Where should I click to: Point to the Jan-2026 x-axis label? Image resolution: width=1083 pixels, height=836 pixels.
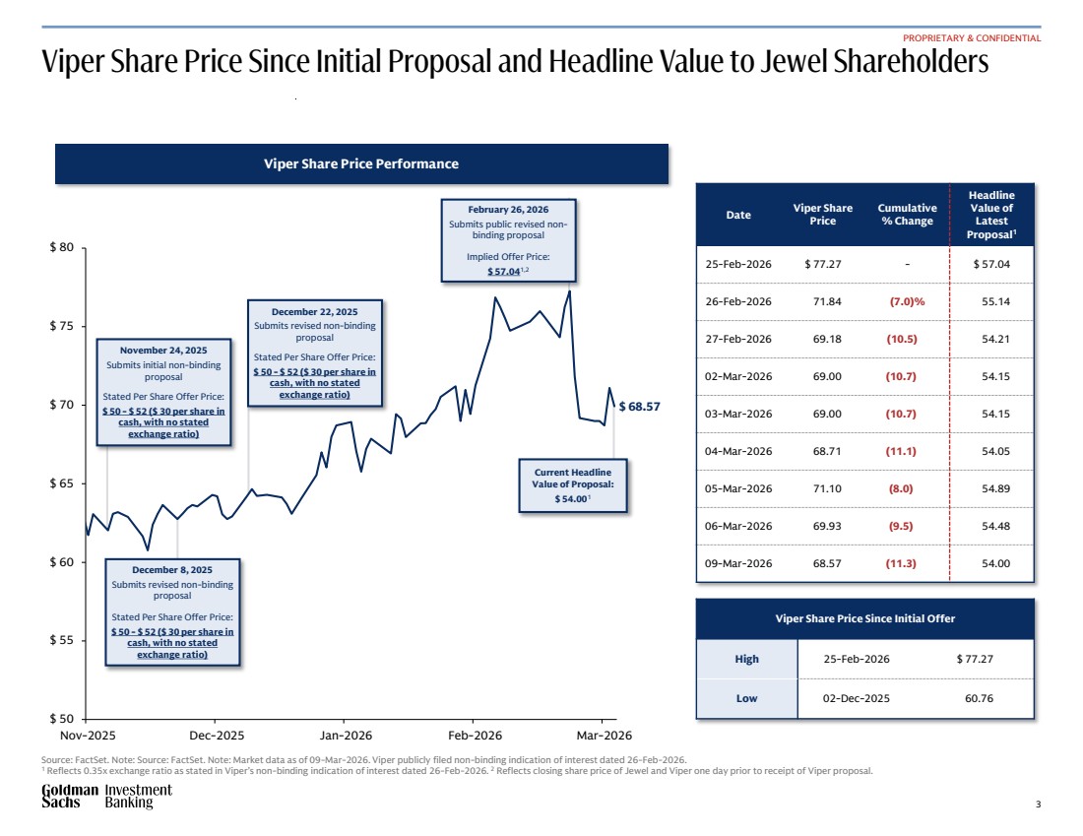pos(346,736)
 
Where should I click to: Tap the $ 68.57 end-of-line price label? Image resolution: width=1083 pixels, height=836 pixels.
pos(640,406)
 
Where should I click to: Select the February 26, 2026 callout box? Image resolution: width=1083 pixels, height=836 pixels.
pos(508,240)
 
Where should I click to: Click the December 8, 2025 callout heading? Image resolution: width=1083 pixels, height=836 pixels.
pos(173,569)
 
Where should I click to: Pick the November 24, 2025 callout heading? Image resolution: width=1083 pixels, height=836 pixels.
pos(163,350)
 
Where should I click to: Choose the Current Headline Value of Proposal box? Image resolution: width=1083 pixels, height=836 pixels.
pos(572,485)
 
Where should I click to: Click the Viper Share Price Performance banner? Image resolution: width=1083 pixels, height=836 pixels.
pos(361,163)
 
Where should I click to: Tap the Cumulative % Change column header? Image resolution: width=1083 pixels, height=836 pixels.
pos(907,215)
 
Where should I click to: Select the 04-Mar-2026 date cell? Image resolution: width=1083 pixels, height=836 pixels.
pos(738,451)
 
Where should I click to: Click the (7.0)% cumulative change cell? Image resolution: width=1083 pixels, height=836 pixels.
pos(907,301)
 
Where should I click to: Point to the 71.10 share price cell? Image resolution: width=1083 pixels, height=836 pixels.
pos(822,488)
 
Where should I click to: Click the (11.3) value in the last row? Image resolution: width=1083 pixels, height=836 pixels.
pos(901,563)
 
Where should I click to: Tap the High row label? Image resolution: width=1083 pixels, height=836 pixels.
pos(746,659)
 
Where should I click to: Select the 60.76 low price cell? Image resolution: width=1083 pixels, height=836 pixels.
pos(990,698)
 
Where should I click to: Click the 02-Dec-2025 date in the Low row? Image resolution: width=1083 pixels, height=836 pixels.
pos(856,698)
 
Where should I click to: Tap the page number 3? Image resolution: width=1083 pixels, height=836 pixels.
pos(1038,804)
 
